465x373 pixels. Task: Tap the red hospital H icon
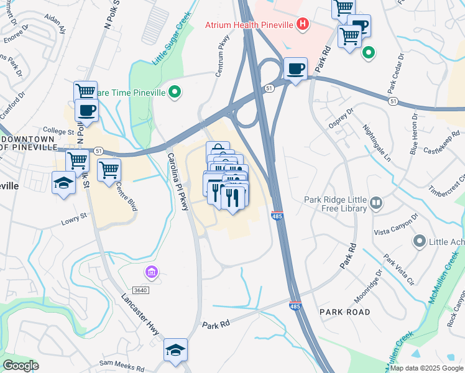click(302, 25)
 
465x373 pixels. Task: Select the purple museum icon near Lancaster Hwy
click(151, 272)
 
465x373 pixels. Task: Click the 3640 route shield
click(141, 290)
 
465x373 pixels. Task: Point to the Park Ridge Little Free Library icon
click(376, 203)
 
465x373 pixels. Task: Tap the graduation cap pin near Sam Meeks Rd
click(175, 350)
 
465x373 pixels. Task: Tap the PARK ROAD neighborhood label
click(344, 311)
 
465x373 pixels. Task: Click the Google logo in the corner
click(21, 365)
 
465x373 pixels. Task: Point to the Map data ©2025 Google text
click(427, 368)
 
